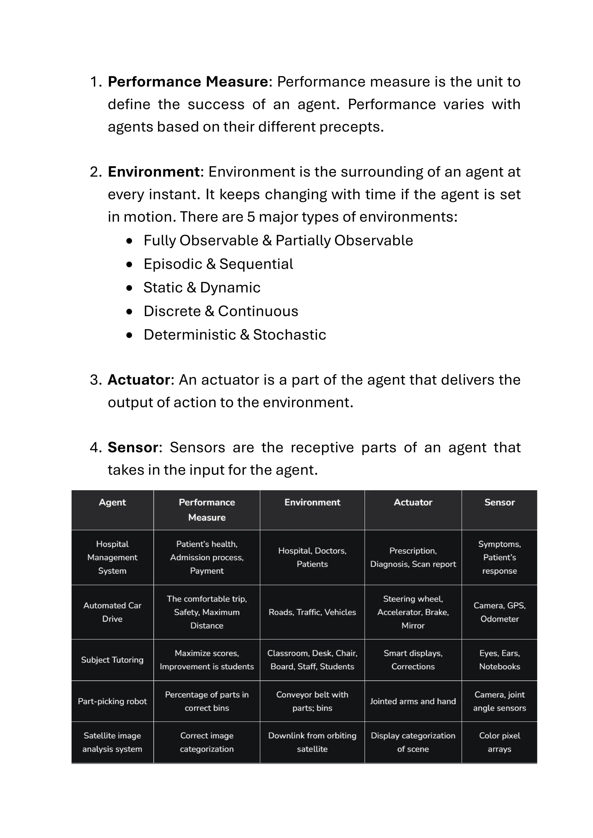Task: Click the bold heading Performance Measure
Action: pyautogui.click(x=188, y=82)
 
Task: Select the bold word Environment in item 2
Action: pyautogui.click(x=154, y=172)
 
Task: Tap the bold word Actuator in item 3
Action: pyautogui.click(x=139, y=380)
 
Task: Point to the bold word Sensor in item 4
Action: pyautogui.click(x=133, y=447)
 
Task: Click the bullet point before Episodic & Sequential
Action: pyautogui.click(x=129, y=264)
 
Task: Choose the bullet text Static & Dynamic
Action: pyautogui.click(x=202, y=288)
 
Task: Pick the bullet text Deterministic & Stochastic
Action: pyautogui.click(x=235, y=335)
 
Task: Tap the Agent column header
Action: pyautogui.click(x=112, y=503)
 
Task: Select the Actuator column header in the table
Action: pyautogui.click(x=413, y=503)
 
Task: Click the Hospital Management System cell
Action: pyautogui.click(x=112, y=557)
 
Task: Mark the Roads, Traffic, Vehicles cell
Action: pyautogui.click(x=312, y=612)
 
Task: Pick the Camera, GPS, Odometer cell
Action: pyautogui.click(x=499, y=612)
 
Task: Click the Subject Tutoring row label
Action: pyautogui.click(x=112, y=660)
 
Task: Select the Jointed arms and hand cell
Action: pyautogui.click(x=413, y=701)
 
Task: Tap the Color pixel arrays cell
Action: pyautogui.click(x=499, y=743)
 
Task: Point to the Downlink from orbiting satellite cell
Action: pyautogui.click(x=312, y=743)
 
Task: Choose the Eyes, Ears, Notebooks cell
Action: pyautogui.click(x=499, y=660)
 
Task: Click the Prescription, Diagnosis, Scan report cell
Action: pyautogui.click(x=413, y=557)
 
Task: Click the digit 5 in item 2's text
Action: pyautogui.click(x=251, y=217)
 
